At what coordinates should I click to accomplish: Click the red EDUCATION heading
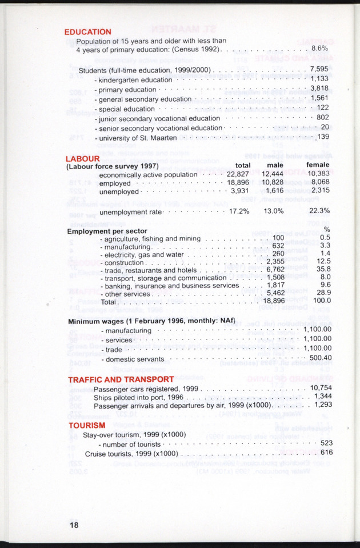click(87, 32)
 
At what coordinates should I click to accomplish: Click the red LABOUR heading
click(83, 158)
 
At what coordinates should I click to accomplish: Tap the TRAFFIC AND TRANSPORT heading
click(121, 379)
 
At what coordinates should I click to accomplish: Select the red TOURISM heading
click(87, 425)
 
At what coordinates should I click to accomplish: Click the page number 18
click(74, 525)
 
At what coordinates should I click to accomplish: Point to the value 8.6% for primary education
click(319, 49)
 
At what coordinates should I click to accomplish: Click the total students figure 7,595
click(319, 69)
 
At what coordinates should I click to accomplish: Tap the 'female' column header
click(318, 166)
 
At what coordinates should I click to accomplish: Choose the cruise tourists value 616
click(326, 453)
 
